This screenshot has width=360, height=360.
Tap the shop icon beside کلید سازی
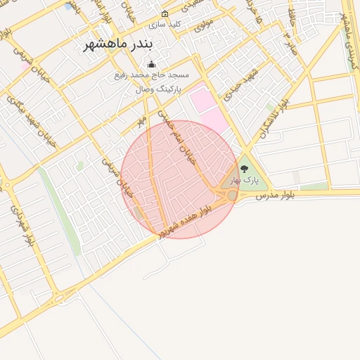[x=165, y=14]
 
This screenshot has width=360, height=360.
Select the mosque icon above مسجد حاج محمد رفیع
[x=151, y=65]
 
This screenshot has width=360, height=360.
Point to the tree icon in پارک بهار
[x=244, y=169]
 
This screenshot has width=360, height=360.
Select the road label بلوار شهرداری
[x=21, y=224]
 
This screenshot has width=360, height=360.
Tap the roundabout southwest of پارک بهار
[x=232, y=195]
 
